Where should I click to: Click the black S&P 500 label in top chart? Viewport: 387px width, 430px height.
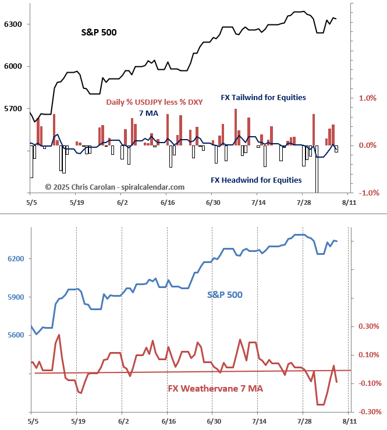(98, 32)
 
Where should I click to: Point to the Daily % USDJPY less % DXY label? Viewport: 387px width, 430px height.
(154, 102)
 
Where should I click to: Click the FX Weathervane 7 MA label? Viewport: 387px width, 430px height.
(215, 388)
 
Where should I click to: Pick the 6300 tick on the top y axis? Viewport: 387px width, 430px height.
(12, 24)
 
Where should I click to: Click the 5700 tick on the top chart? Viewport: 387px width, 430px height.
(12, 109)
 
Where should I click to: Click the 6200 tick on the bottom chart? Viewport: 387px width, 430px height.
(12, 258)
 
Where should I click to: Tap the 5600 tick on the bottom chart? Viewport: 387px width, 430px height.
(12, 336)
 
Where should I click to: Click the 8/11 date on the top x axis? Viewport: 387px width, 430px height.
(348, 202)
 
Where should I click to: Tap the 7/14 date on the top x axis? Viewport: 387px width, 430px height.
(257, 202)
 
